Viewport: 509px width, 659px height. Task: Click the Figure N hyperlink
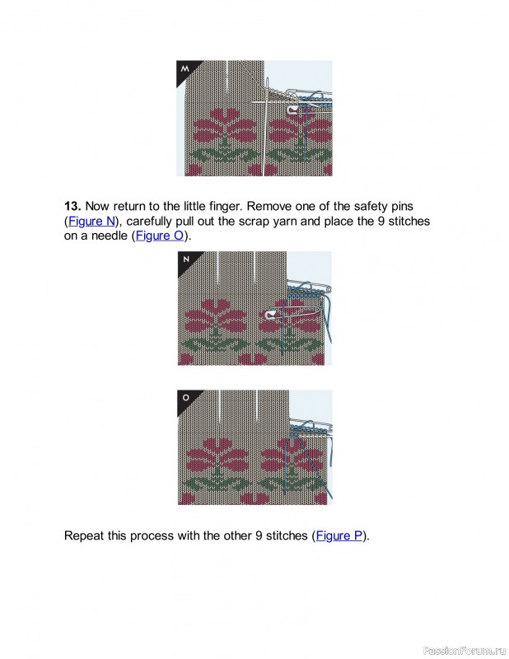click(x=91, y=221)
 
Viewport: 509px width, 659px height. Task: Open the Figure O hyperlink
click(x=160, y=236)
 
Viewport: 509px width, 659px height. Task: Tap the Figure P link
click(x=339, y=535)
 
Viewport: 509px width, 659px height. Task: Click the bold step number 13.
click(x=72, y=207)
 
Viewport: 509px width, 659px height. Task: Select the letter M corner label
click(x=185, y=68)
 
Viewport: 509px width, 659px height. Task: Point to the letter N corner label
click(x=186, y=259)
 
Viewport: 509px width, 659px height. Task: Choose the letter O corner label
click(x=186, y=398)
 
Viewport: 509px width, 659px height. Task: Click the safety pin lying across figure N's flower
click(x=292, y=313)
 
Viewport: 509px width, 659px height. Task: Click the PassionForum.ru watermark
click(x=464, y=650)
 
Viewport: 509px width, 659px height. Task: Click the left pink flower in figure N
click(x=215, y=315)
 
